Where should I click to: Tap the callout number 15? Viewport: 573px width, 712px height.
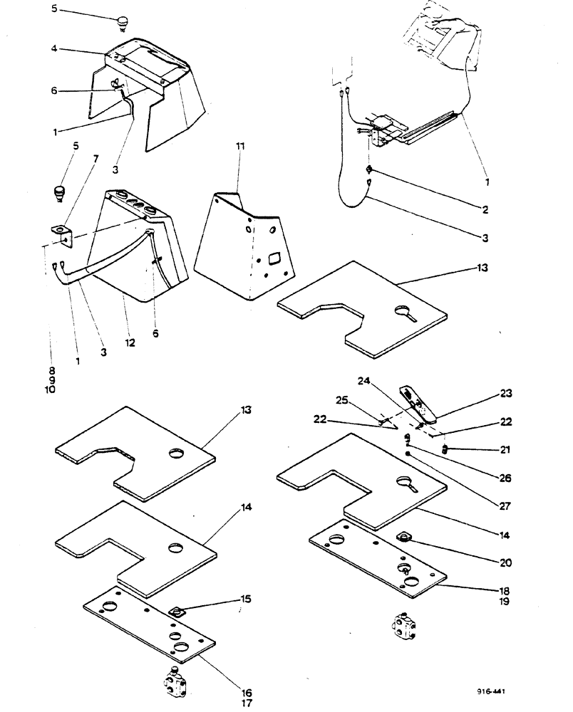tap(245, 598)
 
